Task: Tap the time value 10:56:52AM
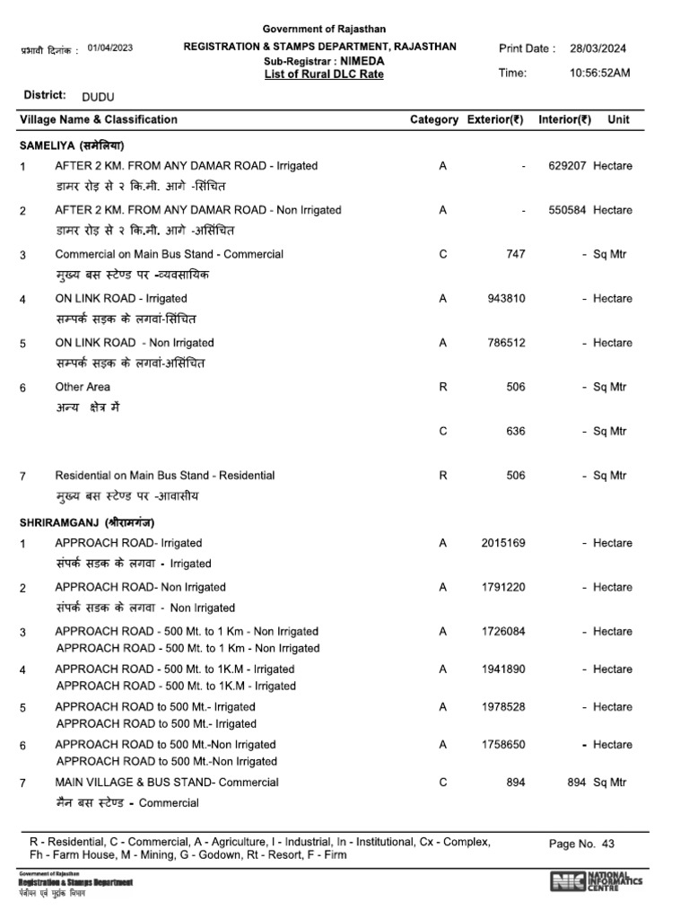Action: click(600, 73)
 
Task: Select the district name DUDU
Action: click(98, 95)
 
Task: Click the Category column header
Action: click(434, 119)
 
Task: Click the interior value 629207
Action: click(566, 166)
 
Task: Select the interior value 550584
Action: click(566, 210)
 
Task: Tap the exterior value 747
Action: click(516, 254)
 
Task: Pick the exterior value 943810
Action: click(506, 298)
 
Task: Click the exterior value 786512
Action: click(506, 343)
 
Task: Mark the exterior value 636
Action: click(516, 431)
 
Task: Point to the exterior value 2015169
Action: click(503, 543)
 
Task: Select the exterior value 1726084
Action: click(503, 632)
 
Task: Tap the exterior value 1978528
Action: click(503, 707)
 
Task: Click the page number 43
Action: click(608, 844)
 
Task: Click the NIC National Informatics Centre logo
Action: click(596, 881)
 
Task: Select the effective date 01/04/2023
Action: click(110, 48)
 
